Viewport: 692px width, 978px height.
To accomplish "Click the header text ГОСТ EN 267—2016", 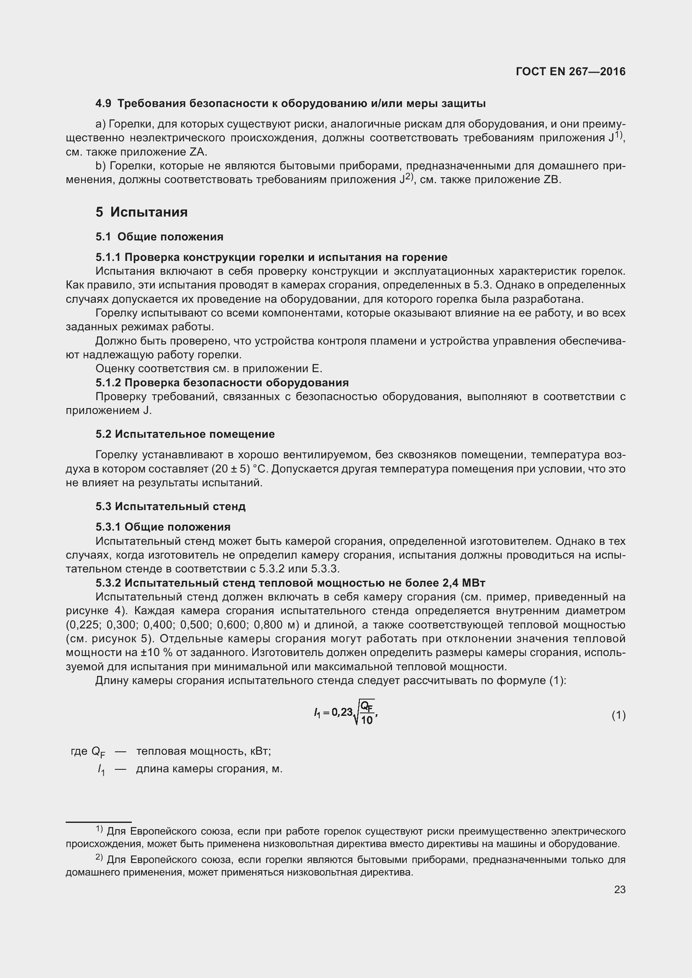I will click(x=571, y=71).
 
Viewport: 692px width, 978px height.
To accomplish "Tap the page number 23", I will click(x=620, y=889).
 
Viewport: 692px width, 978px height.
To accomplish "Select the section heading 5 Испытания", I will click(x=141, y=212).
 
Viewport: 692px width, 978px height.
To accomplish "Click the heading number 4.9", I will click(x=103, y=104).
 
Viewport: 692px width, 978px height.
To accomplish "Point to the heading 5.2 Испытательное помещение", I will click(x=185, y=434).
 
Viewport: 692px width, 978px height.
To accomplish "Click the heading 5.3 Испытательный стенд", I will click(x=170, y=506).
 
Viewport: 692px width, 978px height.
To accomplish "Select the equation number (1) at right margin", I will click(x=618, y=715).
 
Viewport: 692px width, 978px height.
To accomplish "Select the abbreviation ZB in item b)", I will click(x=552, y=180).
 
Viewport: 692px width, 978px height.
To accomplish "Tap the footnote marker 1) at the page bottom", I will click(x=99, y=829).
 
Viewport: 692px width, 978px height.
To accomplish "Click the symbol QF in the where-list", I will click(x=98, y=751).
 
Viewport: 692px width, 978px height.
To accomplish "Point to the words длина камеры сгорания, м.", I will click(x=209, y=769).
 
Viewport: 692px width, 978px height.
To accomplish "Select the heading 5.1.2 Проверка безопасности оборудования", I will click(x=222, y=383).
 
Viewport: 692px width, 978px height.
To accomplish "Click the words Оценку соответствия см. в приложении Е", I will click(x=209, y=368).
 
